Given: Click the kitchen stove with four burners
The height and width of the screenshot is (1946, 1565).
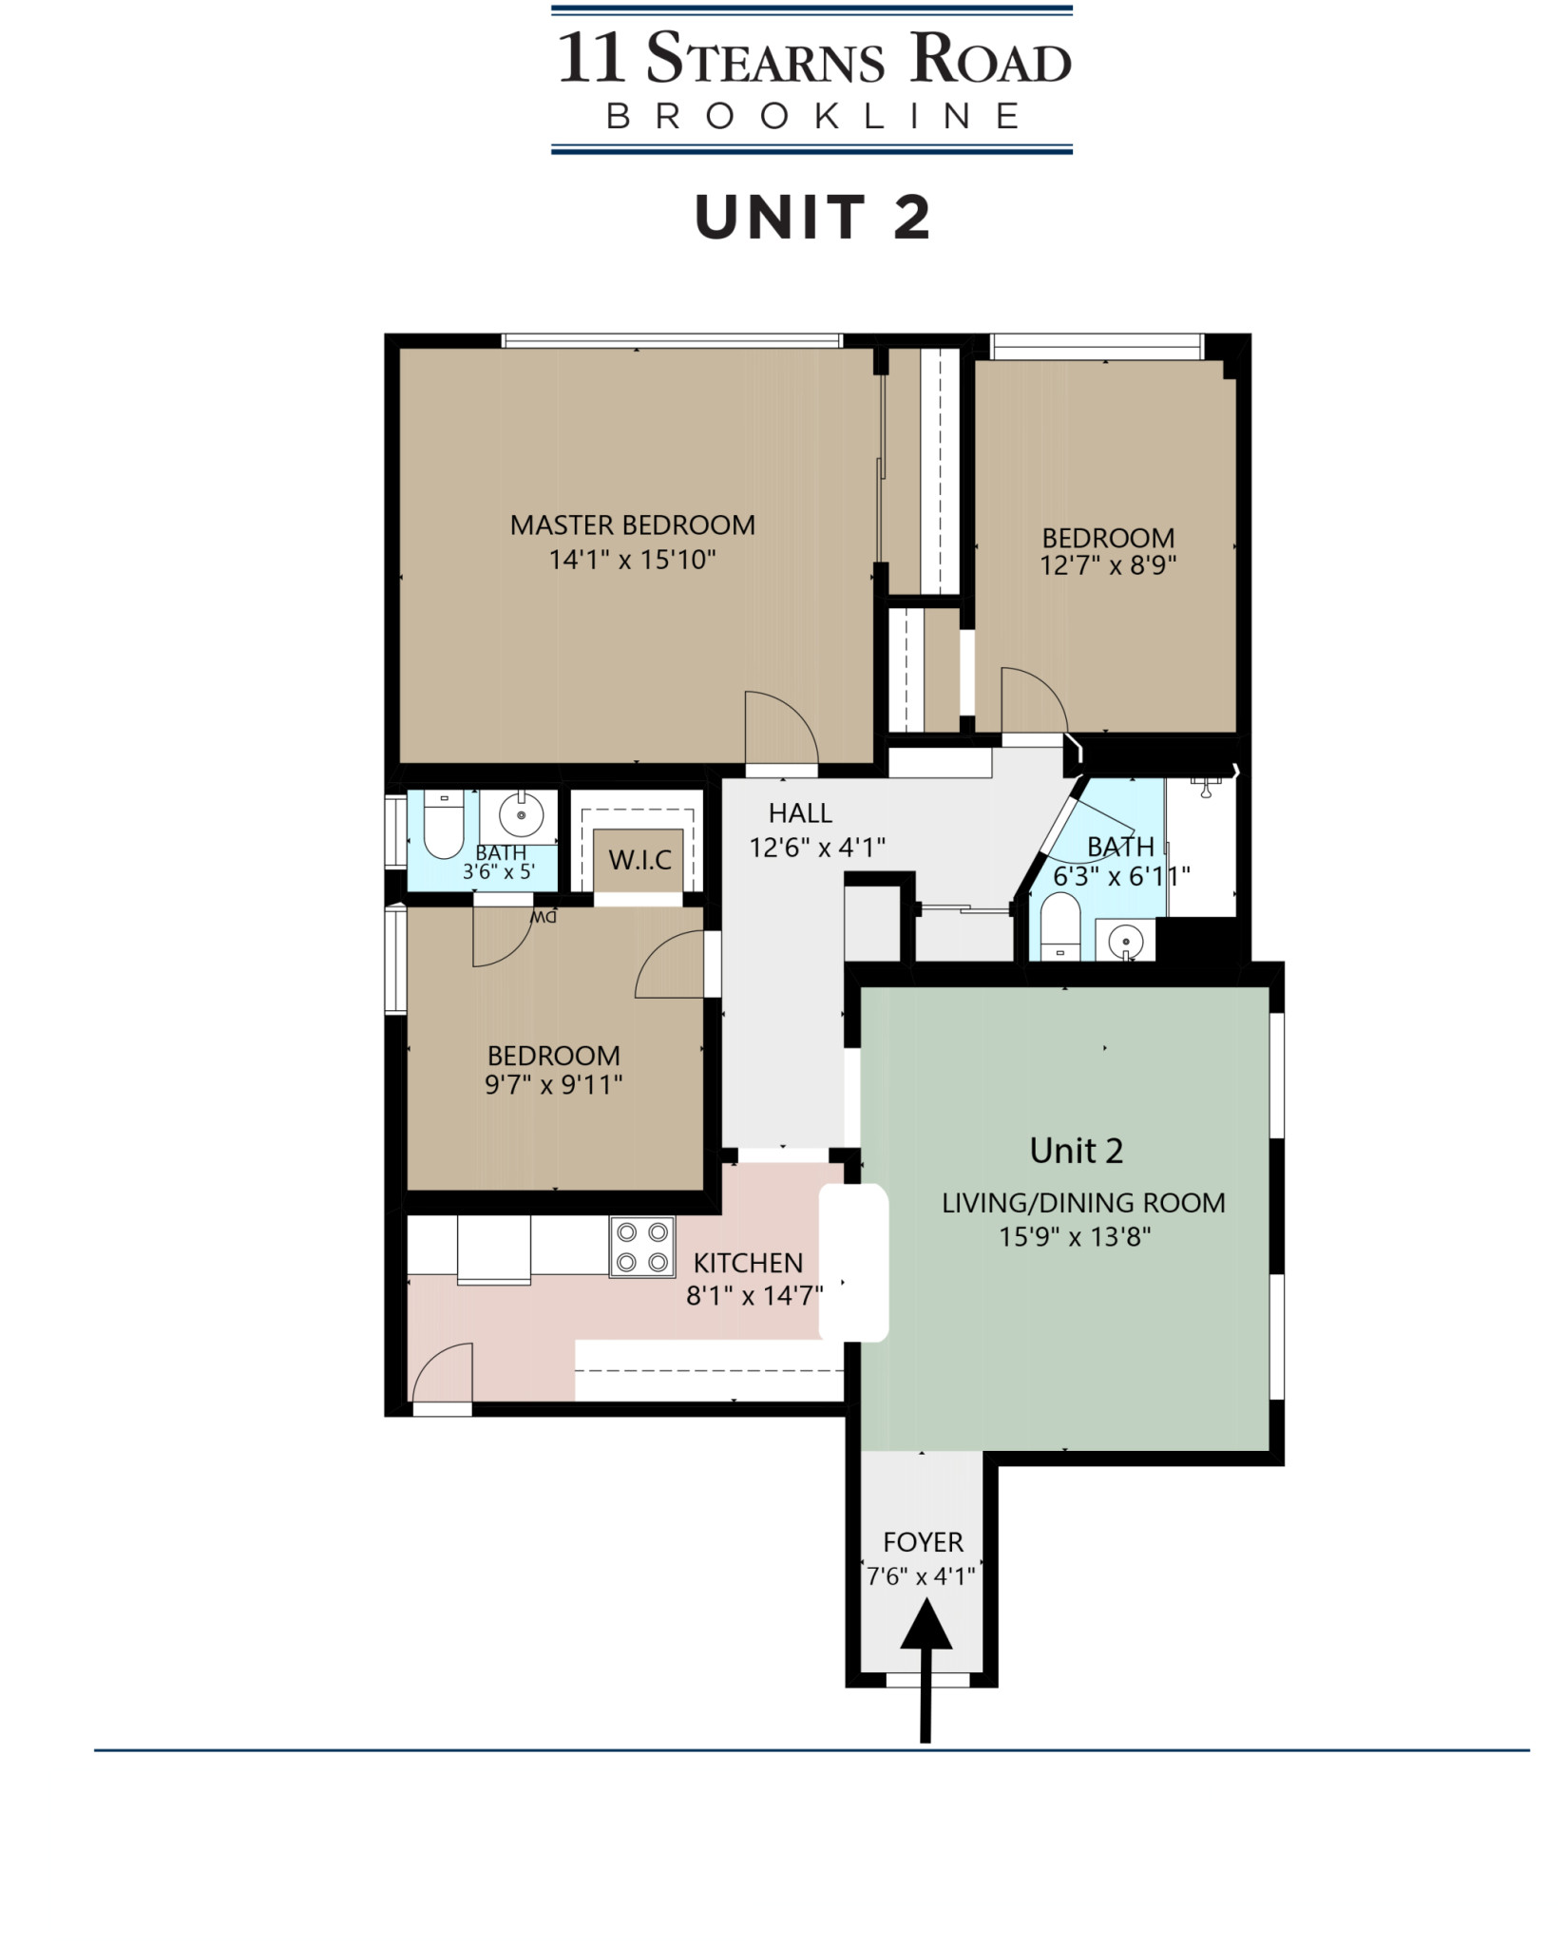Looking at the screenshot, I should [641, 1247].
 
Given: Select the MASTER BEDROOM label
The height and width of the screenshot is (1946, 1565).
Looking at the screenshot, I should [632, 525].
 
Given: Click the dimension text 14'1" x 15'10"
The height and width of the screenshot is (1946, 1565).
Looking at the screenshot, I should [632, 560].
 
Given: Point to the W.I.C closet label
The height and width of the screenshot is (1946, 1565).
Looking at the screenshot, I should [639, 861].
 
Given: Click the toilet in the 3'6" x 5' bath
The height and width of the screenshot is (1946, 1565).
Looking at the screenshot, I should [443, 825].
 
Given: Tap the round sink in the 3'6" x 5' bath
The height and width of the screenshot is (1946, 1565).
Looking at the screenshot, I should [521, 814].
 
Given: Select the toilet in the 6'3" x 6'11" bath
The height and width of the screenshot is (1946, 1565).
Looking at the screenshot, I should [1060, 925].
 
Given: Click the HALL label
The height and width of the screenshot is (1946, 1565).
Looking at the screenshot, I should [800, 813].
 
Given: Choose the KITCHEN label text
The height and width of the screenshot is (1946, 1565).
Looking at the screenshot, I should [748, 1263].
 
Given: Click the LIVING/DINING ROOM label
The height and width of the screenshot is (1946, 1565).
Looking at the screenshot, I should [1083, 1203].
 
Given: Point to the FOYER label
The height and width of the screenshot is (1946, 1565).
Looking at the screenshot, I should [923, 1541].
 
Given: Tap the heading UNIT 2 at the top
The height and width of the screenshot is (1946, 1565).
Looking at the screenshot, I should [812, 218].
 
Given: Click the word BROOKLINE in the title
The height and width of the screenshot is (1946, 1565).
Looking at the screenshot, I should [812, 116].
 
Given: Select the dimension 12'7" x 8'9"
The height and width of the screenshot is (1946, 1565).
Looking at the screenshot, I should [1108, 565].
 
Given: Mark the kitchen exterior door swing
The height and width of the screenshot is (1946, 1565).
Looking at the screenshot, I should [442, 1373].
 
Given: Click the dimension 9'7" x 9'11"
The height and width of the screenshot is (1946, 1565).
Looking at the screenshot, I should [553, 1084].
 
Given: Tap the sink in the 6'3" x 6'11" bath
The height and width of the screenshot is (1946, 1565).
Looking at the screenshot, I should [1125, 942].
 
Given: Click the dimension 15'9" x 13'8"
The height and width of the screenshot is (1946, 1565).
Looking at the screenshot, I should [1075, 1237].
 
